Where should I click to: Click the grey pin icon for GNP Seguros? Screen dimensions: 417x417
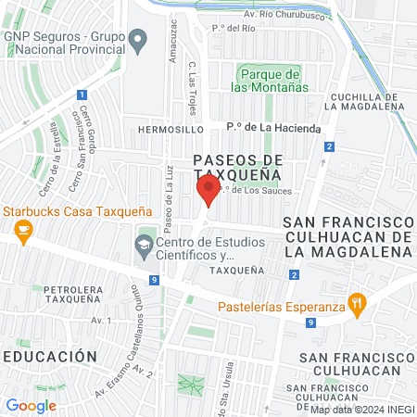tap(138, 40)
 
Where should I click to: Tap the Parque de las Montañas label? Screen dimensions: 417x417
tap(271, 81)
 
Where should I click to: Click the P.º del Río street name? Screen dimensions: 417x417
tap(234, 28)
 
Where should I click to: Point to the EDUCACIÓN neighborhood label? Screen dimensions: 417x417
tap(49, 356)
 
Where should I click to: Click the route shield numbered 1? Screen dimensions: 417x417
tap(82, 95)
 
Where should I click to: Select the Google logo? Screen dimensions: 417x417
tap(31, 405)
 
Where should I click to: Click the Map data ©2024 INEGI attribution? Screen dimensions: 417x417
tap(361, 410)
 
